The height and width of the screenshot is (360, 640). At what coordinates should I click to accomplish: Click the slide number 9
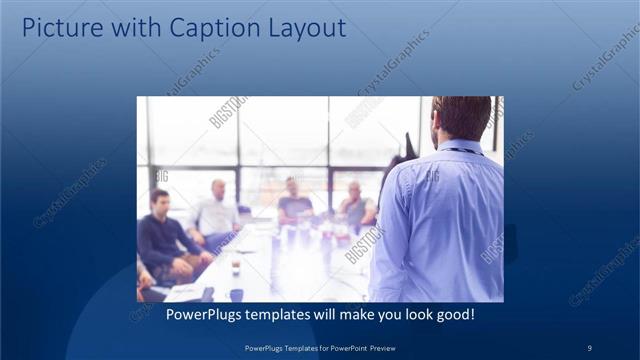(x=589, y=347)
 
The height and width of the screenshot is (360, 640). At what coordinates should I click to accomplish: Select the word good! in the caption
(x=452, y=315)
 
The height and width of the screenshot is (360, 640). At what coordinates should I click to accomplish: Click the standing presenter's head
(x=462, y=117)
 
